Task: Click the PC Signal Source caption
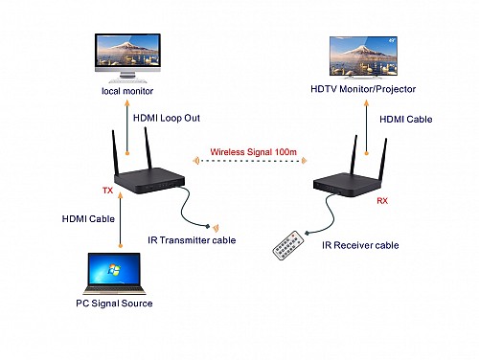pos(116,304)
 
